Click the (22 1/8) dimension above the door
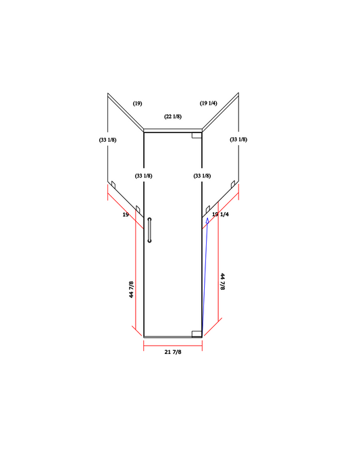click(x=173, y=117)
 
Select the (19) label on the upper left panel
click(x=137, y=103)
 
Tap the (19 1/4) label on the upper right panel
click(x=208, y=103)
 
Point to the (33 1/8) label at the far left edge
click(x=107, y=140)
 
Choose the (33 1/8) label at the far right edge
click(x=238, y=140)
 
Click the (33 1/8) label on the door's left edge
click(x=143, y=176)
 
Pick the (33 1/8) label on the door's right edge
click(x=202, y=176)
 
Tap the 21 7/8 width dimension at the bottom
click(x=173, y=352)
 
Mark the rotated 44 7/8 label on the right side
click(x=222, y=282)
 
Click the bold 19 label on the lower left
click(x=126, y=214)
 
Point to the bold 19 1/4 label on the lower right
click(x=221, y=214)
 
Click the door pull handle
click(x=150, y=230)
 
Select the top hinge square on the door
click(x=197, y=135)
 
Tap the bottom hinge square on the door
click(x=197, y=333)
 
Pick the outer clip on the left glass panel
click(x=114, y=184)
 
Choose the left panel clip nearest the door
click(x=137, y=209)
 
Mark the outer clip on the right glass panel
click(x=232, y=184)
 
